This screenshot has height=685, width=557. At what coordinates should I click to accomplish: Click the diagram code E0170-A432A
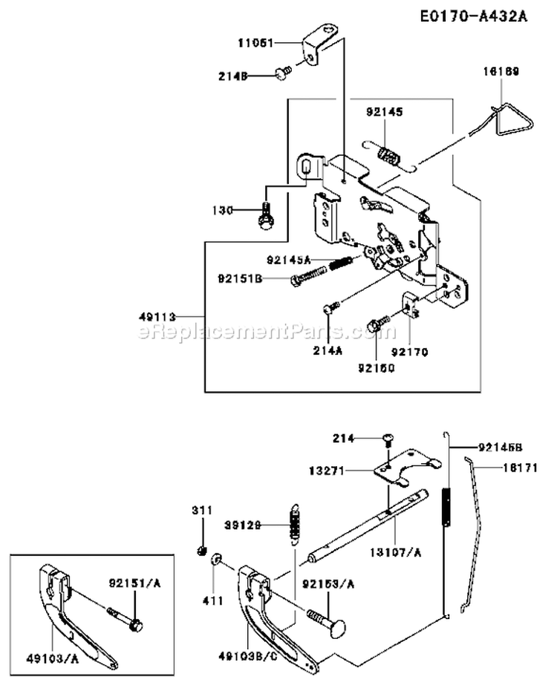coord(469,16)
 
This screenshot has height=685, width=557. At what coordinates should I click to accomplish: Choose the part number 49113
coord(154,315)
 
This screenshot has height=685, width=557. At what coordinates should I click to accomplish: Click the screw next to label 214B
coord(282,71)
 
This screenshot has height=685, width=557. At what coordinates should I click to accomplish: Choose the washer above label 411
coord(216,558)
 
